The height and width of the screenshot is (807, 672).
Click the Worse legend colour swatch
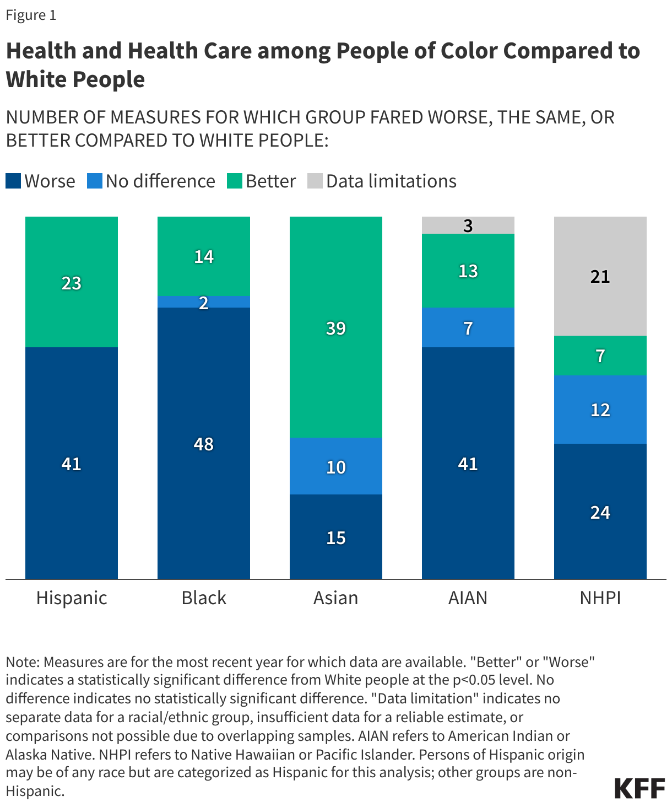(13, 181)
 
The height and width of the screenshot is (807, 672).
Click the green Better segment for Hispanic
(72, 282)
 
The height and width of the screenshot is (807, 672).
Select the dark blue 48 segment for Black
(204, 443)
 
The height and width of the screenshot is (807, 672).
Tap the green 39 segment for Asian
(336, 327)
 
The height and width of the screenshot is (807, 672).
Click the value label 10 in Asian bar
(336, 467)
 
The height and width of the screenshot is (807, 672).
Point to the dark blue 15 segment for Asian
(336, 537)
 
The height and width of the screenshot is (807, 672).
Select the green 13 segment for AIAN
(468, 271)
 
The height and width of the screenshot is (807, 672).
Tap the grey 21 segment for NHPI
(600, 276)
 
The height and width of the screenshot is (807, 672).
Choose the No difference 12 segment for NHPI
(600, 410)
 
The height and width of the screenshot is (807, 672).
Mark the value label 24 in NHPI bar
(600, 513)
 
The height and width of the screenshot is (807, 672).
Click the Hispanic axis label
(72, 598)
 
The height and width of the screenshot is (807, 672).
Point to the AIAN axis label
(468, 598)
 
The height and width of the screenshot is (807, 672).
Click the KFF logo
(640, 788)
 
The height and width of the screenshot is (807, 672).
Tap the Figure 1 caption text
(31, 15)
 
